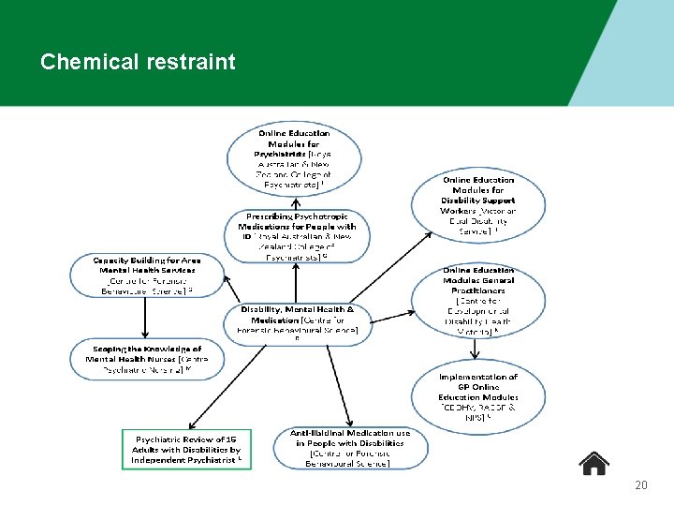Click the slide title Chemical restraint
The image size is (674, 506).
click(x=138, y=63)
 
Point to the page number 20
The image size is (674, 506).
click(x=640, y=485)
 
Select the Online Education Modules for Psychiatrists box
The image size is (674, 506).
click(x=293, y=159)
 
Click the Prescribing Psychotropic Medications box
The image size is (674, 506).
click(x=297, y=235)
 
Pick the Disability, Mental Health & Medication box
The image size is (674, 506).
click(x=297, y=323)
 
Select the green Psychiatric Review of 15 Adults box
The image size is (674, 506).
click(x=186, y=449)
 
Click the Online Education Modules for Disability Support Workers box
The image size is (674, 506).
click(x=477, y=204)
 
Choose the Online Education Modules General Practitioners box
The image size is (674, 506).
click(x=477, y=300)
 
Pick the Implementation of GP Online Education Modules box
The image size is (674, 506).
click(x=477, y=396)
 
